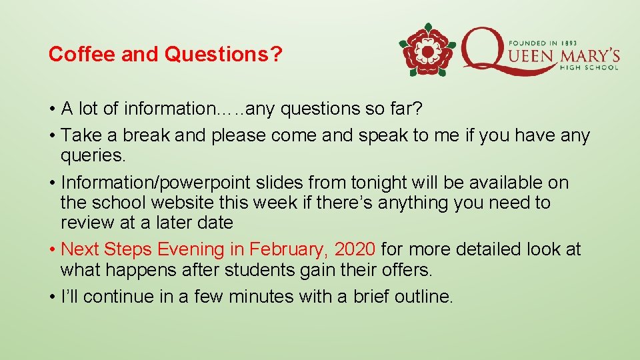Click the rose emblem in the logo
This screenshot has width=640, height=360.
[x=427, y=50]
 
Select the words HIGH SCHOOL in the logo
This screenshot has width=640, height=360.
[x=590, y=66]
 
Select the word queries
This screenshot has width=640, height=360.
[x=91, y=156]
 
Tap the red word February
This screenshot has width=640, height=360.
[x=288, y=249]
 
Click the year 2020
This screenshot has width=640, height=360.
[x=355, y=249]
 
